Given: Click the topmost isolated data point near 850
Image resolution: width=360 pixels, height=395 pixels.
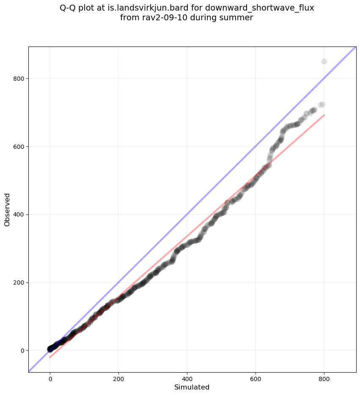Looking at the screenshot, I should coord(324,61).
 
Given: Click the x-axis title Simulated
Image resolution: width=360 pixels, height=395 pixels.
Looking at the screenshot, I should coord(192,387).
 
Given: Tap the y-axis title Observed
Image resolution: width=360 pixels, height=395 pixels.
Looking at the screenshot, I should coord(7,209).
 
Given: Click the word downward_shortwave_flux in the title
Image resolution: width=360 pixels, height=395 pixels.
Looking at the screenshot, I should coord(259,8).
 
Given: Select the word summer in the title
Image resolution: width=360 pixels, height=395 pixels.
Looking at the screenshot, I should coord(239,18).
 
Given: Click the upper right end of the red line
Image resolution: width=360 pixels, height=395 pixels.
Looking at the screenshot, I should coord(324,115).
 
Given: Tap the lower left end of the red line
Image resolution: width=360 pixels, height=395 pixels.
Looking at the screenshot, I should coord(50,358).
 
